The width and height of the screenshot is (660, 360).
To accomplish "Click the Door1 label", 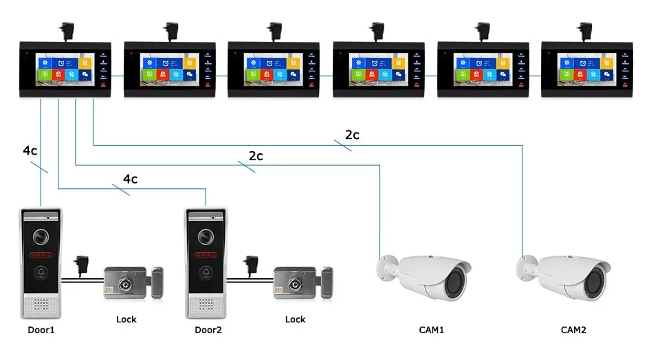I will [x=41, y=330].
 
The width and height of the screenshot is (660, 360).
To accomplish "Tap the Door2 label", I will [x=208, y=330].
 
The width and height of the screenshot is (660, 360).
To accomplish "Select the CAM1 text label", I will [x=432, y=330].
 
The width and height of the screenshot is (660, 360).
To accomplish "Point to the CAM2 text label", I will [x=573, y=330].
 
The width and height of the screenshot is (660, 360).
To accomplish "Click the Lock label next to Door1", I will [x=126, y=319].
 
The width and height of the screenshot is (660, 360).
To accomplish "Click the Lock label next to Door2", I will [x=295, y=319].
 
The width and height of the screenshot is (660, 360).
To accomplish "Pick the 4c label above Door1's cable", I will [x=30, y=150].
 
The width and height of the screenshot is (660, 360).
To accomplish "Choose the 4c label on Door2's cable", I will [x=130, y=179].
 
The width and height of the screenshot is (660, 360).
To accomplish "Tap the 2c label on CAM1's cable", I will [x=256, y=156].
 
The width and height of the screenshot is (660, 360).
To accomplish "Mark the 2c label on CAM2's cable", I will [x=352, y=135].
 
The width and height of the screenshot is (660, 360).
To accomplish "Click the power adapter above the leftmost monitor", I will [x=60, y=28].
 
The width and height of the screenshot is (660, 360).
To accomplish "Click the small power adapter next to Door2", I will [x=250, y=263].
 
